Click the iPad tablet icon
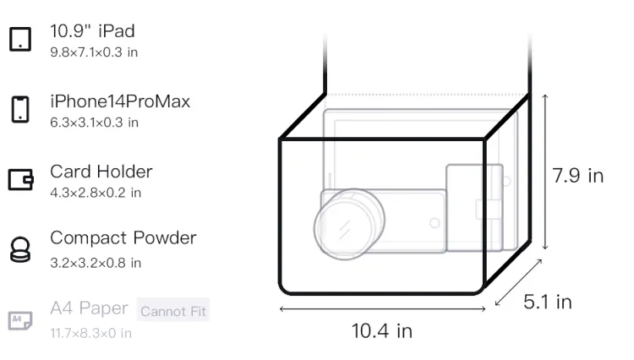[20, 39]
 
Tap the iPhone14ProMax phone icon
[20, 109]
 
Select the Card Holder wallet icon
[20, 179]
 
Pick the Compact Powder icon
[20, 249]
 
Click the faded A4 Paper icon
[20, 320]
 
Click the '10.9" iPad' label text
[92, 31]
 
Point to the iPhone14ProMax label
[120, 101]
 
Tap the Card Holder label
[101, 172]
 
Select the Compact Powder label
[123, 238]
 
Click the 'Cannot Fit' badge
[173, 311]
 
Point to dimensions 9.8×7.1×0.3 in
[94, 52]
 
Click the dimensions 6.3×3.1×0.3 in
[94, 123]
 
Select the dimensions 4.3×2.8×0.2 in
[96, 193]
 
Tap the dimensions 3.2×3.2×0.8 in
[96, 263]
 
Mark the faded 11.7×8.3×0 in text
[91, 333]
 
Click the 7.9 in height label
[578, 176]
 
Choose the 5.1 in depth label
[548, 302]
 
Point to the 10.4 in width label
[382, 331]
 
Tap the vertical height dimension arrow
[545, 172]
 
